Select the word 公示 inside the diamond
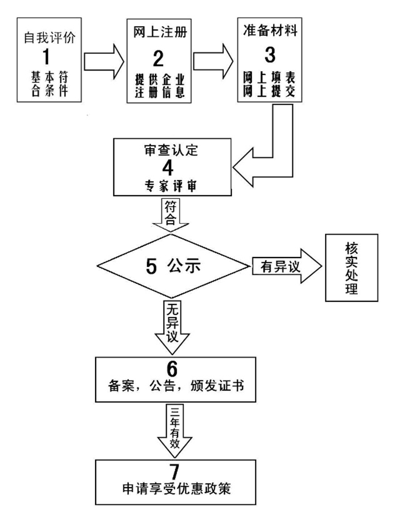coord(182,266)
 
